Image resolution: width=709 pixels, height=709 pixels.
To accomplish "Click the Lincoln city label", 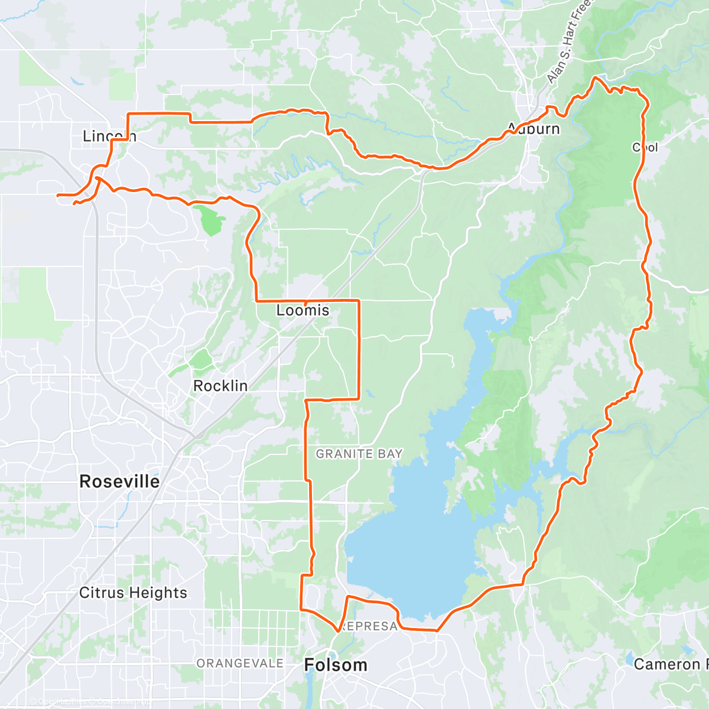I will point(109,136).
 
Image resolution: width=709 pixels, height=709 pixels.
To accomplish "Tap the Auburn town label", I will point(534,128).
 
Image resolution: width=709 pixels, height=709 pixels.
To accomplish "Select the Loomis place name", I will point(303,310).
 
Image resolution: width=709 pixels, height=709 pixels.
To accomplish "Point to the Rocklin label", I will point(220,386).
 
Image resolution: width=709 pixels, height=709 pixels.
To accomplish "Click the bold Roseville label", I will point(119,482).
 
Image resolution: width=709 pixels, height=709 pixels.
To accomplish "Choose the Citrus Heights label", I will point(133,593).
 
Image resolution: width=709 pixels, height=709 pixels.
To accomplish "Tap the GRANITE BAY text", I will point(359,454).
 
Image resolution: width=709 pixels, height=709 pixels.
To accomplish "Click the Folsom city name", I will point(335,665).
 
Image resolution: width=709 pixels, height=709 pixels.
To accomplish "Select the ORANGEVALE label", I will point(240,664).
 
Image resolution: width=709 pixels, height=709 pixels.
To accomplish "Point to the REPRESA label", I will point(369,626).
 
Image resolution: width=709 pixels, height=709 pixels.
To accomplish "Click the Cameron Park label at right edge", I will point(670,664).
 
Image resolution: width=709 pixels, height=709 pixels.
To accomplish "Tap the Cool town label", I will point(645,147).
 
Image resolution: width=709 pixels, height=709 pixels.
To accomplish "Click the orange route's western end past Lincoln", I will point(57,194).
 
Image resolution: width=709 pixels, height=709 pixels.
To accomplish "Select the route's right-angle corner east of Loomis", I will point(359,301).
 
